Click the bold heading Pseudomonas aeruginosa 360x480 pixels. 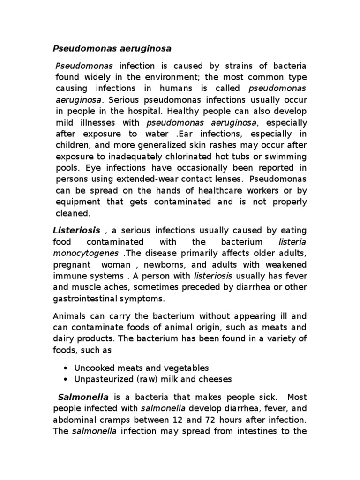(x=112, y=48)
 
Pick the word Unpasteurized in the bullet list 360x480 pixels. (x=98, y=379)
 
